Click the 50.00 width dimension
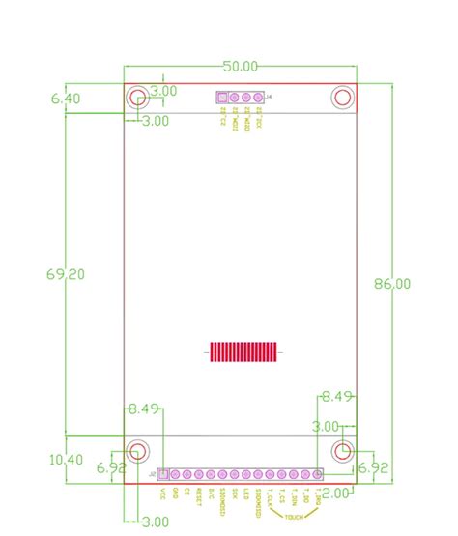[241, 67]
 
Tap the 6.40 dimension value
[67, 98]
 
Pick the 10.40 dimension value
[67, 460]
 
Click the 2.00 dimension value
[334, 494]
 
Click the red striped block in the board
[243, 353]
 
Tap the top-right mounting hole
[342, 97]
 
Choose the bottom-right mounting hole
[342, 450]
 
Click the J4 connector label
[268, 98]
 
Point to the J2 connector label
[153, 474]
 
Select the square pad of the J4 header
[222, 99]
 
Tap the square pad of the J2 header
[163, 474]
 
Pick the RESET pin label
[199, 495]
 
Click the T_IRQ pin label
[319, 496]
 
